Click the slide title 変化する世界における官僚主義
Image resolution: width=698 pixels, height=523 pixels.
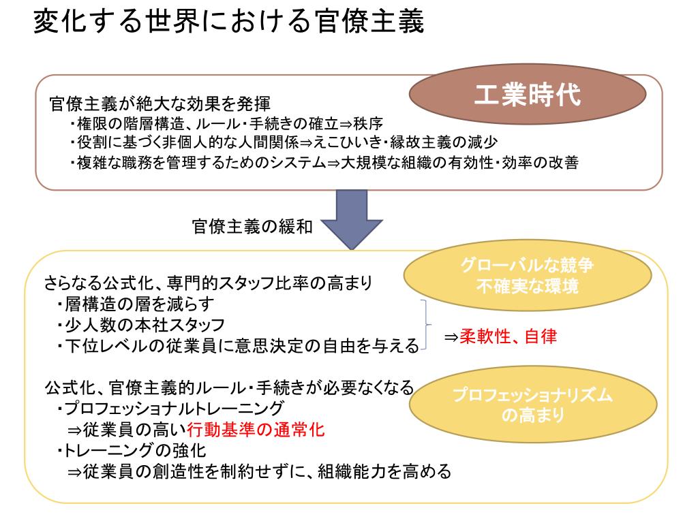[x=228, y=22]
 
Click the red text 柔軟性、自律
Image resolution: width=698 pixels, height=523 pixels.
[x=509, y=337]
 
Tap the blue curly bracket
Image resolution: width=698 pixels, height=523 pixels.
[x=427, y=324]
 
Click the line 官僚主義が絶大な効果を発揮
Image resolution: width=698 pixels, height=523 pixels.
[x=160, y=104]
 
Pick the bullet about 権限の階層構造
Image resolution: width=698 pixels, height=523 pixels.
[x=225, y=124]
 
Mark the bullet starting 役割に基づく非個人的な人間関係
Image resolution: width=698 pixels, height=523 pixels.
[x=283, y=143]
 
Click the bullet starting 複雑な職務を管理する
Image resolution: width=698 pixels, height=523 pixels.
[x=324, y=163]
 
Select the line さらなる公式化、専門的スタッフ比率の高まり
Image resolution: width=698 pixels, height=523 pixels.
[x=208, y=282]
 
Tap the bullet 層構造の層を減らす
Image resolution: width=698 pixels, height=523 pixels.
[x=136, y=304]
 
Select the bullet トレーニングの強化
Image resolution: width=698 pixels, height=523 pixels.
[x=132, y=450]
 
